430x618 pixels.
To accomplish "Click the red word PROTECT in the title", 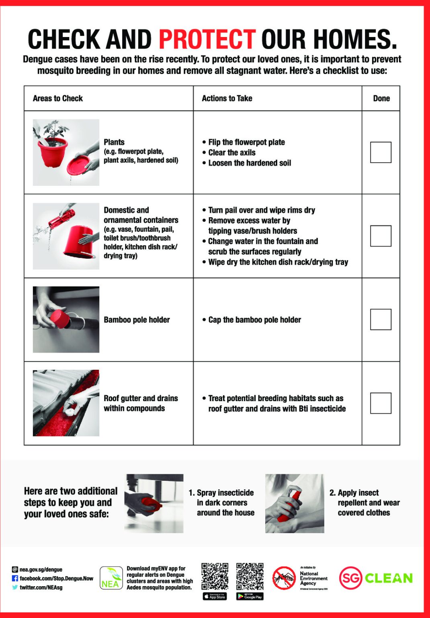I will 207,39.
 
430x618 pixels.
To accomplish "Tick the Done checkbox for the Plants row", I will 381,152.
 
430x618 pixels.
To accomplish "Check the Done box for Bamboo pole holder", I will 381,319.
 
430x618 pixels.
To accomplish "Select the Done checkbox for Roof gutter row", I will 381,403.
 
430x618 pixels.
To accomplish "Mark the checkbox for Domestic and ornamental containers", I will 381,236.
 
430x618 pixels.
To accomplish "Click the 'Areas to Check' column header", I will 58,99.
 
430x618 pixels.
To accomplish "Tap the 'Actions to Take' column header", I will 227,99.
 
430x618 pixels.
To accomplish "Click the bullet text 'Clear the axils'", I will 232,152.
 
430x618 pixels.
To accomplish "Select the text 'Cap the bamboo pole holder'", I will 254,320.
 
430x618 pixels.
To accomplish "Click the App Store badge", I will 215,596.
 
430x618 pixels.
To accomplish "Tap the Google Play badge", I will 250,596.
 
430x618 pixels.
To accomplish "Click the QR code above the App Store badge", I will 215,576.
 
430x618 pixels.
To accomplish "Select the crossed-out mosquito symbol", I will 284,578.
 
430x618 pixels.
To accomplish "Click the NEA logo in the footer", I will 111,579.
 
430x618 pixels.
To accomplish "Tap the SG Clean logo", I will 376,578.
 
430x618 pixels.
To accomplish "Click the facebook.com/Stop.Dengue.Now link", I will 56,579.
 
